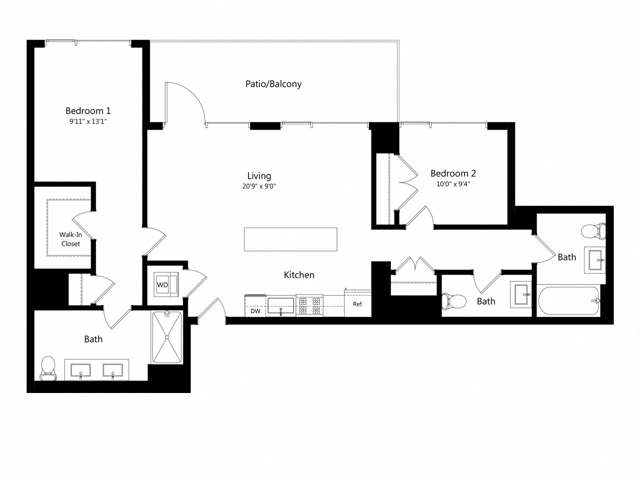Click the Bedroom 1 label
pos(88,110)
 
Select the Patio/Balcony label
pos(273,83)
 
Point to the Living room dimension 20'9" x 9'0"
pos(259,186)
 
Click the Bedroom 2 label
pos(453,173)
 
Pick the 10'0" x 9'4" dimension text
pos(453,184)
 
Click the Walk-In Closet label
pos(70,239)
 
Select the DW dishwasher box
pos(255,310)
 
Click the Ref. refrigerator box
pos(358,304)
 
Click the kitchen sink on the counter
pos(281,305)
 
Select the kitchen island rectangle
pos(290,239)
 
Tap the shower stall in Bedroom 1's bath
pos(167,337)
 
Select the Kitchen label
pos(299,274)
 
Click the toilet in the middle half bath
pos(453,301)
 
